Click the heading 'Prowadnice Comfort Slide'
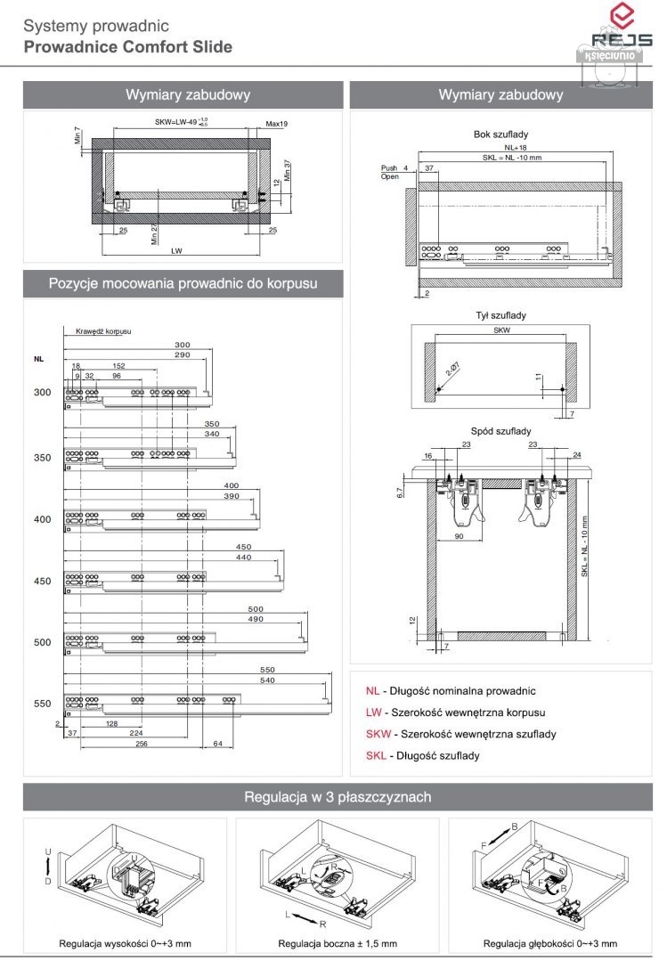(128, 46)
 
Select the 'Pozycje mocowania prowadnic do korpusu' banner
(183, 284)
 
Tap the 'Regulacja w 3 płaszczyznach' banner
(338, 797)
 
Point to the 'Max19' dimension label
(277, 124)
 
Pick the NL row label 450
(42, 582)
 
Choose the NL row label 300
(42, 392)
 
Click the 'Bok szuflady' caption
(501, 134)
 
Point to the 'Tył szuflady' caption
(501, 315)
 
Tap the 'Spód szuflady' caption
(501, 430)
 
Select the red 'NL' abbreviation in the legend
(371, 691)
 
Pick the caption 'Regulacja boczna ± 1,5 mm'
(338, 944)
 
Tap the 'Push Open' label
(390, 172)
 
